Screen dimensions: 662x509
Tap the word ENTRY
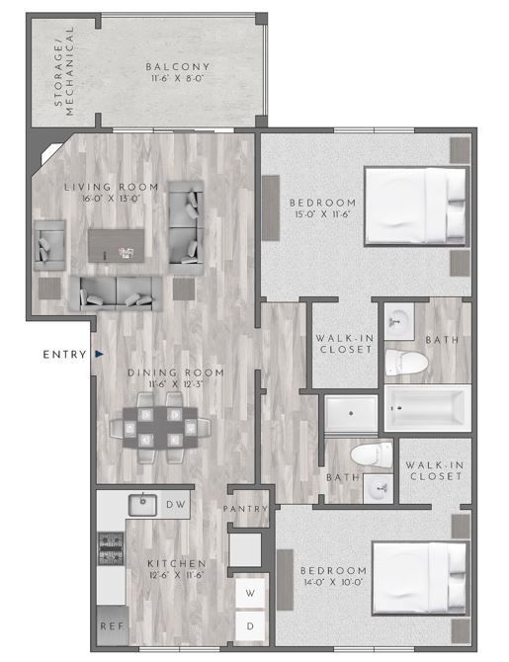point(65,354)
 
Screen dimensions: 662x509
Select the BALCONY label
point(178,67)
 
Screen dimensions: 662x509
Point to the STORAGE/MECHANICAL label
point(63,79)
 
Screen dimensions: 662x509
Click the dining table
point(160,427)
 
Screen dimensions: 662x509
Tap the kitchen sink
point(142,504)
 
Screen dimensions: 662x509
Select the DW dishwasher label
point(176,505)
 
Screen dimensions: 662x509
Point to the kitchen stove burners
point(108,549)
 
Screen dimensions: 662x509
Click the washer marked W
point(251,594)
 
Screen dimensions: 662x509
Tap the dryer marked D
point(251,626)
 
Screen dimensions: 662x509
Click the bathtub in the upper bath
point(426,409)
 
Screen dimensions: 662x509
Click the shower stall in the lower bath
point(351,414)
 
